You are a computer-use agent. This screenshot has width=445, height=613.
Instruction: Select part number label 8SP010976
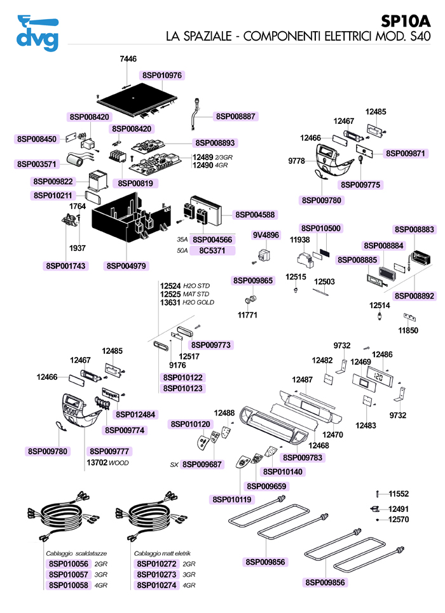[x=162, y=75]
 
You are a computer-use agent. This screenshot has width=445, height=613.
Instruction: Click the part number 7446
[x=128, y=59]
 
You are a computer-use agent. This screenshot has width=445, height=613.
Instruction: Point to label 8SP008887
[x=235, y=116]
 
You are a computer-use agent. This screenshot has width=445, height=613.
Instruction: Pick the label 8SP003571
[x=37, y=164]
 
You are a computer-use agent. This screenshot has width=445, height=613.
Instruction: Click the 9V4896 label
[x=266, y=235]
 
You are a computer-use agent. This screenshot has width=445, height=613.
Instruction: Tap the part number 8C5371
[x=213, y=251]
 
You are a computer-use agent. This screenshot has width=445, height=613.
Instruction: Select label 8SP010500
[x=320, y=228]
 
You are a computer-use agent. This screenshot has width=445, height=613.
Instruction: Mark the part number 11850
[x=408, y=331]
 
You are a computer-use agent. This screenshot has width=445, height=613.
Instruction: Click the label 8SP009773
[x=210, y=345]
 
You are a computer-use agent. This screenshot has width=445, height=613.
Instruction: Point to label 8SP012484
[x=135, y=415]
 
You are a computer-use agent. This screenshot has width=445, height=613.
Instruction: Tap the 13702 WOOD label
[x=107, y=463]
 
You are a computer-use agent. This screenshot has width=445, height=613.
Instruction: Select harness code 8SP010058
[x=68, y=585]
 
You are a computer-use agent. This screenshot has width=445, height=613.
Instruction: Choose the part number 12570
[x=399, y=520]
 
